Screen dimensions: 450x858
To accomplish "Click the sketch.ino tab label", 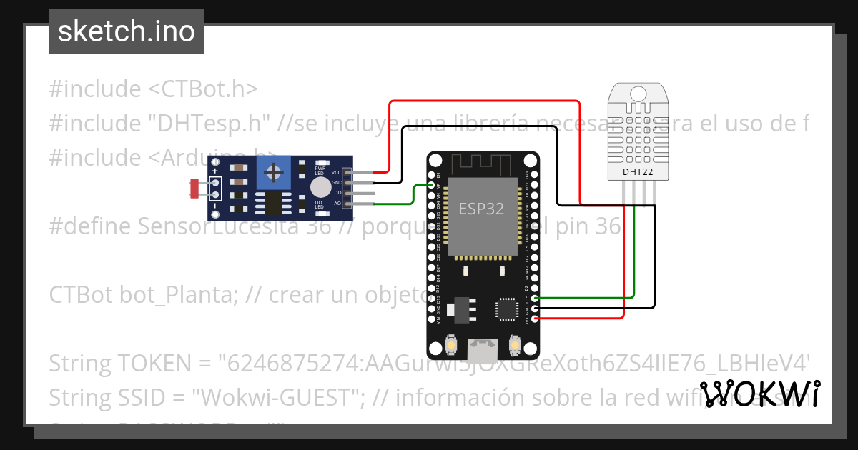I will (x=127, y=31).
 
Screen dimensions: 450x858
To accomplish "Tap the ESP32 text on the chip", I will (x=481, y=209).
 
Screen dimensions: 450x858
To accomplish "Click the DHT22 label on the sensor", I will (x=637, y=171).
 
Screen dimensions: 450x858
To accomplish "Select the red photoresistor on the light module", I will (x=194, y=189).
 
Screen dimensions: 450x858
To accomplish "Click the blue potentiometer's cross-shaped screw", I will (x=273, y=172).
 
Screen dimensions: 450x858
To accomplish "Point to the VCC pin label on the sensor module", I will (x=336, y=172).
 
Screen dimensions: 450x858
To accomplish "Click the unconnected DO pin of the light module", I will (x=348, y=193).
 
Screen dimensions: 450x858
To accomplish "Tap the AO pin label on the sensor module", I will (x=337, y=204).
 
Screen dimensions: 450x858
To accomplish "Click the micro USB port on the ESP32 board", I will (x=483, y=349).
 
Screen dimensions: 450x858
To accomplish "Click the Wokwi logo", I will (x=759, y=394).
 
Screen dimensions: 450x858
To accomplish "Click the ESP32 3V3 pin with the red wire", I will (x=536, y=319).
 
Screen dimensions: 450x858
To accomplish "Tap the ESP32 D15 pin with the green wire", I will (x=536, y=297).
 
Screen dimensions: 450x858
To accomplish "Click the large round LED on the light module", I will (x=321, y=187).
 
